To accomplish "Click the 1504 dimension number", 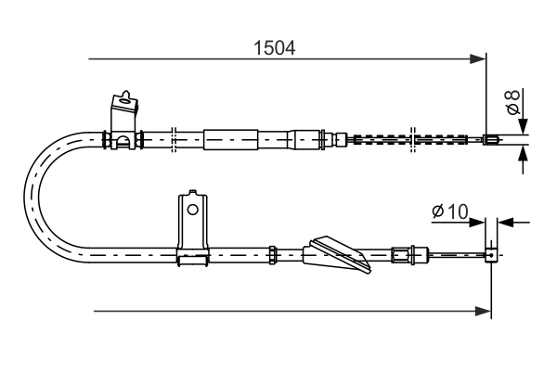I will [275, 47].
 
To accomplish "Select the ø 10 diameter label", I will [449, 212].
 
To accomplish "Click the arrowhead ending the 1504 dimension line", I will [479, 59].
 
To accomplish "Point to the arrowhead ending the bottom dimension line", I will [484, 311].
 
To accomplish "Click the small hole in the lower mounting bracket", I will [192, 210].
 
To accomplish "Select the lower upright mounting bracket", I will [192, 226].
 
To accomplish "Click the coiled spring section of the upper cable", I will [413, 140].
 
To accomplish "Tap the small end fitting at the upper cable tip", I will [493, 141].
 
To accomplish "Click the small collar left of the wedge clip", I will [273, 251].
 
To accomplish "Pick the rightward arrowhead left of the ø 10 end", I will [479, 223].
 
